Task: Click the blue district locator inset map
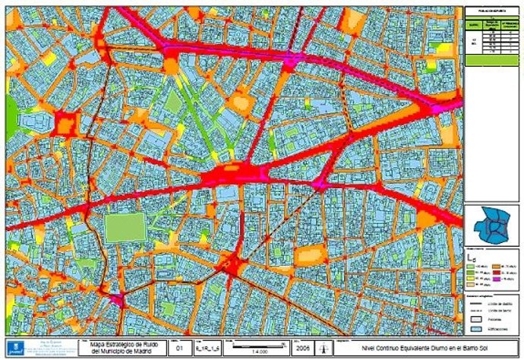(x=491, y=226)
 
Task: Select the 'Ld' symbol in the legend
(x=472, y=257)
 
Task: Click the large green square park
(x=124, y=227)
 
